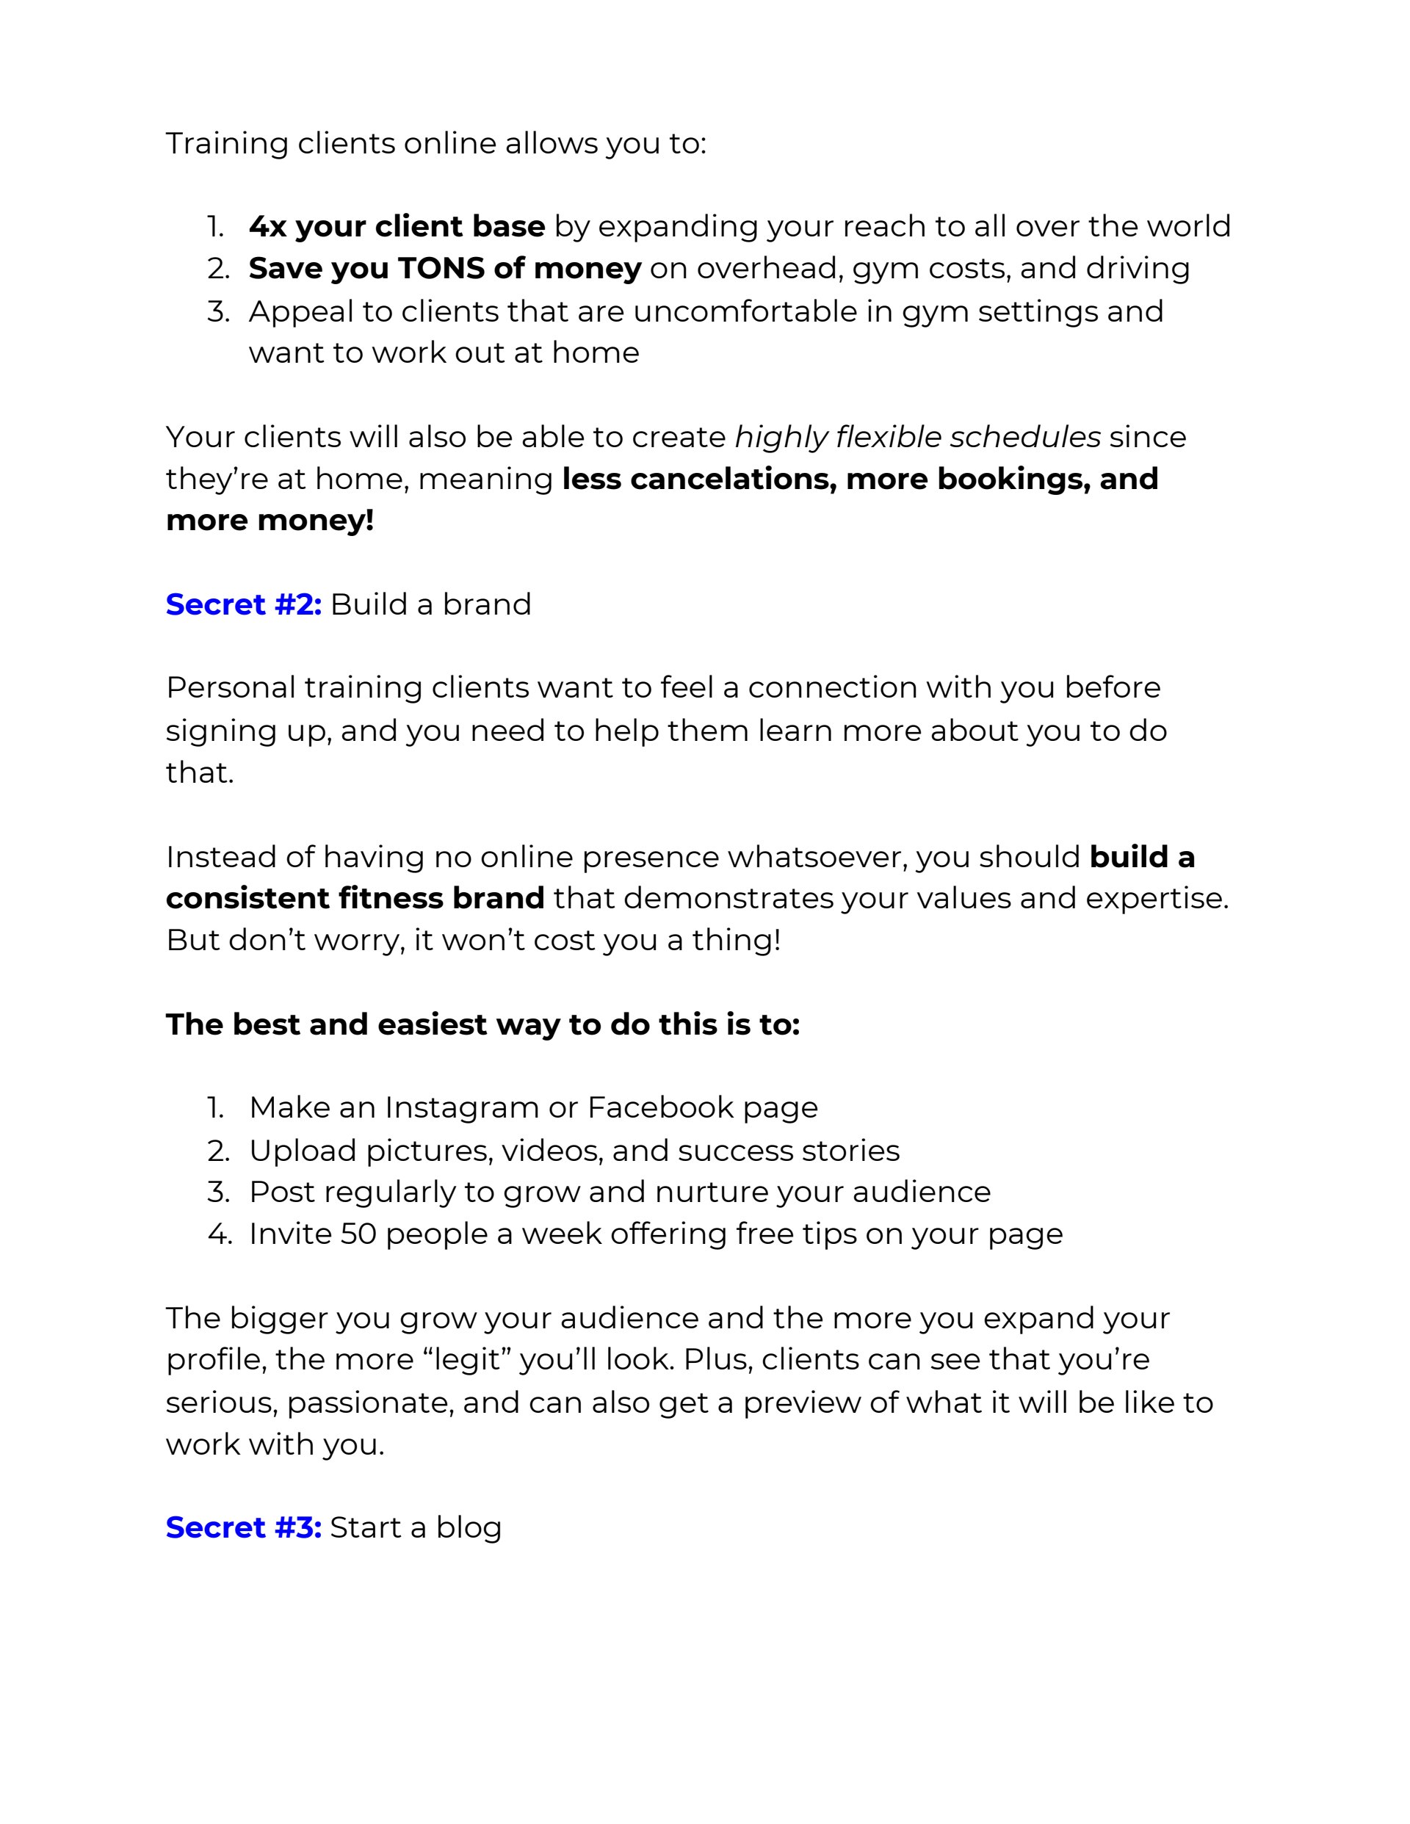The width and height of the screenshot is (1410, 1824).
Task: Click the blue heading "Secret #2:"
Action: click(x=243, y=604)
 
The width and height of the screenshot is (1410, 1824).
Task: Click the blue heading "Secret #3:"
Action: click(x=243, y=1527)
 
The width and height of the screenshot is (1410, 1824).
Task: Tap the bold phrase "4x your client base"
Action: click(x=397, y=226)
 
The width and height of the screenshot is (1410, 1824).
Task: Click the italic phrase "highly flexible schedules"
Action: click(x=917, y=437)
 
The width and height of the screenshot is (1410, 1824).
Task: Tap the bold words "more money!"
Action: click(x=270, y=521)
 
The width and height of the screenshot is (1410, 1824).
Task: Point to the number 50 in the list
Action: click(x=358, y=1234)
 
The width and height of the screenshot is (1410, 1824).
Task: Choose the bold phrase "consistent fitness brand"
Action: click(x=355, y=898)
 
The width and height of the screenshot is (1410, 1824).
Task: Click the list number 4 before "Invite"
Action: click(x=219, y=1234)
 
